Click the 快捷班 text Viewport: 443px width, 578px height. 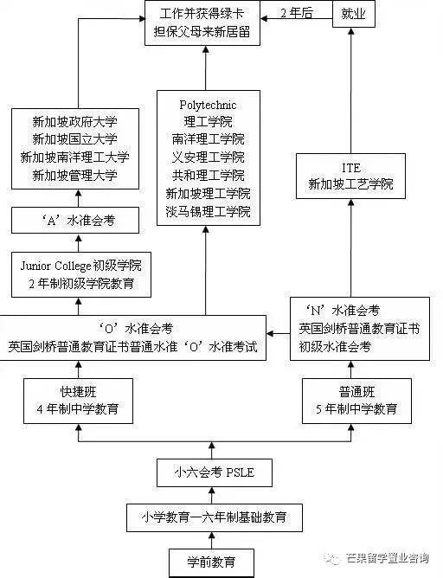coord(78,390)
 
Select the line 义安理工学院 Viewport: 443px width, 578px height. coord(207,157)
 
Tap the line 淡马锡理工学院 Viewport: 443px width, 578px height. coord(207,211)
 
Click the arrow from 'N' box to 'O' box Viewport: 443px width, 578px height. coord(278,330)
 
